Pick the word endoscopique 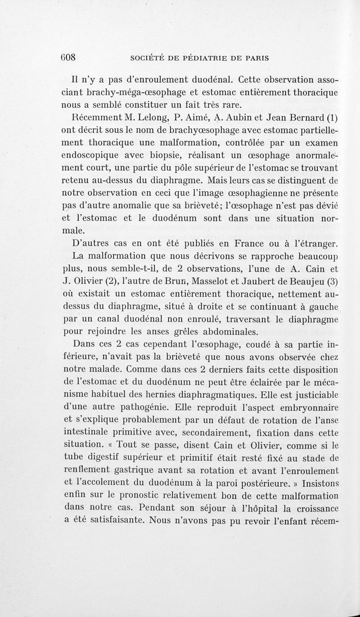click(92, 156)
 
